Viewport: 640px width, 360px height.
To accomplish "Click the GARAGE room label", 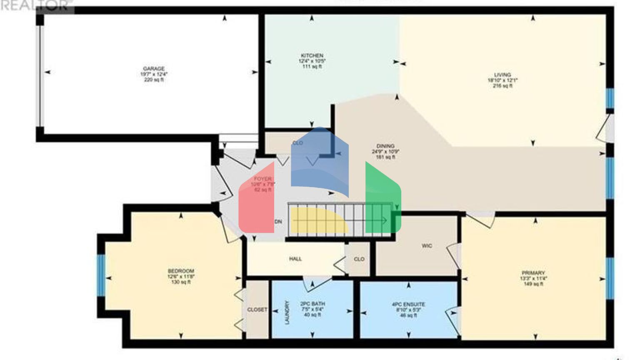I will coord(154,69).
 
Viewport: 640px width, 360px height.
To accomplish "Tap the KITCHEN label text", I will coord(312,55).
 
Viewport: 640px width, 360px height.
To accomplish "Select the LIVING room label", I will coord(502,75).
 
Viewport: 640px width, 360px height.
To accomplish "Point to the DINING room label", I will coord(385,146).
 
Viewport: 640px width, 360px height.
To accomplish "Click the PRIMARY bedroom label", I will coord(533,273).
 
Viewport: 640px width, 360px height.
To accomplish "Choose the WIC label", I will coord(427,246).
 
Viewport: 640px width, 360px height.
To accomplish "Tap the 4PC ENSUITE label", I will coord(408,305).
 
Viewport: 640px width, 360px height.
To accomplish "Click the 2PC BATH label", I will coord(312,304).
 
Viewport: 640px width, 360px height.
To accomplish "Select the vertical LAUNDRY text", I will coord(287,312).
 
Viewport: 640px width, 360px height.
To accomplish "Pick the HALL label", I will coord(295,259).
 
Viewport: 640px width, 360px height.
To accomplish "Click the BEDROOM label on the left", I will coord(181,271).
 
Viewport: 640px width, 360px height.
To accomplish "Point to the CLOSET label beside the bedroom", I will coord(257,310).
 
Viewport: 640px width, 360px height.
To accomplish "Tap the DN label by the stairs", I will coord(278,222).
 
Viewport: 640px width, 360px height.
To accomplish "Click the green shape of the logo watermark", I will coord(381,200).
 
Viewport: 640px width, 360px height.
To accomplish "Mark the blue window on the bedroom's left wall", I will coord(101,275).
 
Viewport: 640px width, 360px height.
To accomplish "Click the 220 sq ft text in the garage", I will coord(154,80).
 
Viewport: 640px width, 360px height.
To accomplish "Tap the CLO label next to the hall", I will coord(359,259).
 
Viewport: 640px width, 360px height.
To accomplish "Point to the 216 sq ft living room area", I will coord(502,86).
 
